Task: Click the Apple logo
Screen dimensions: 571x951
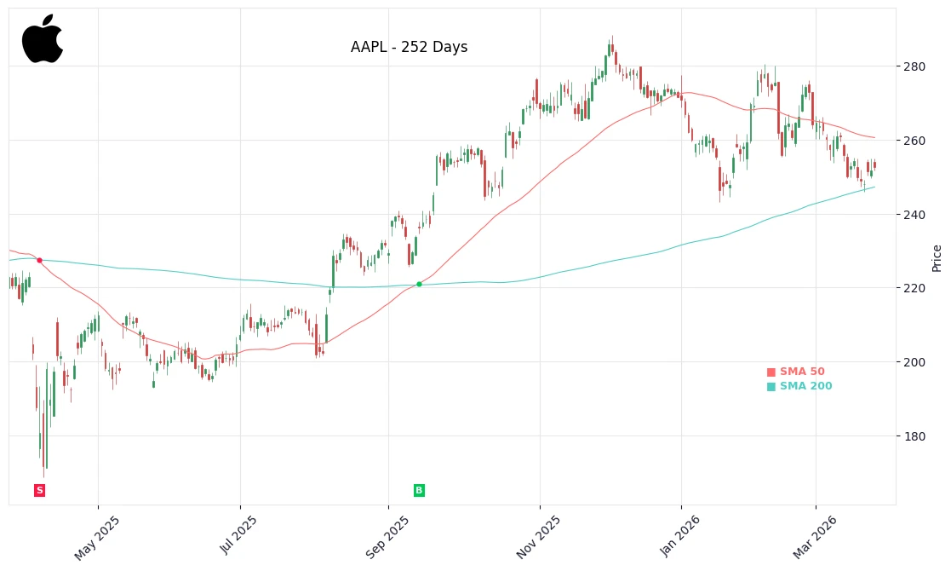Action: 43,39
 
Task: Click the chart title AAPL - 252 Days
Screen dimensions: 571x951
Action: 409,48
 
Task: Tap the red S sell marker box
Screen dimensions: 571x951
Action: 39,490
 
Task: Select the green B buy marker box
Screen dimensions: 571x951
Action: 419,490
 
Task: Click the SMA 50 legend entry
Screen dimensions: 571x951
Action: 796,372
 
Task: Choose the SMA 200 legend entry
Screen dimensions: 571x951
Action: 799,386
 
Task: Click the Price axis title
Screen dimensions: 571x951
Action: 937,258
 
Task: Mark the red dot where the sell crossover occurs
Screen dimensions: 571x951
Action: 39,260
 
